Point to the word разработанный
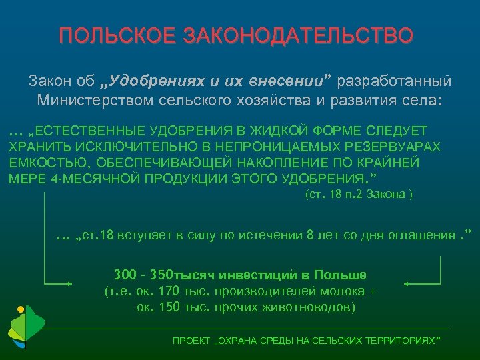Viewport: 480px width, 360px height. point(395,81)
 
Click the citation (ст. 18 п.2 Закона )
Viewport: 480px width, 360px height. point(359,195)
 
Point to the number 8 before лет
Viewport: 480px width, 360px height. point(308,236)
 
